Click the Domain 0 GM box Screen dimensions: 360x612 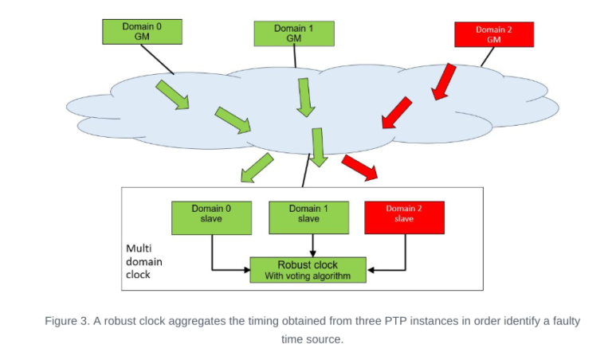(142, 32)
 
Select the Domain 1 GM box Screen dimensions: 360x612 (293, 33)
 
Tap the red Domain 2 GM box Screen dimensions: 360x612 (493, 34)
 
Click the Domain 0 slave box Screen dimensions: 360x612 (211, 217)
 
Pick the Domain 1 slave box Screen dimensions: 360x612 (308, 217)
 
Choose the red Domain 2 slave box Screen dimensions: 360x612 (404, 217)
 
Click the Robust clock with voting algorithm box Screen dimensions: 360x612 (308, 269)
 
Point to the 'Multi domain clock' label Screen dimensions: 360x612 (144, 261)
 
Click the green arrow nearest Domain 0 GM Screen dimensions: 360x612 (172, 93)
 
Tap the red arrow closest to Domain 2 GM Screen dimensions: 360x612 (444, 82)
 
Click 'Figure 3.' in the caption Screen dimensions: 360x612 (67, 321)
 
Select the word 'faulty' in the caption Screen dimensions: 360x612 (555, 321)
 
